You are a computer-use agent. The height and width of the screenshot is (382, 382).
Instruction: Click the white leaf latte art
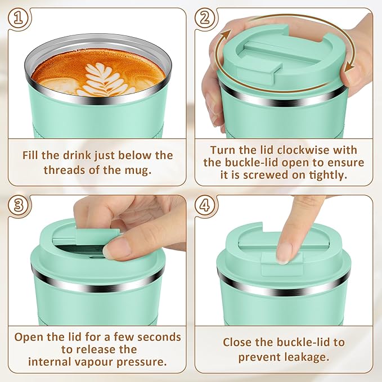tap(104, 79)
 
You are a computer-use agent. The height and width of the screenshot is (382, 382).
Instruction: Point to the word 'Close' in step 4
tap(239, 342)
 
